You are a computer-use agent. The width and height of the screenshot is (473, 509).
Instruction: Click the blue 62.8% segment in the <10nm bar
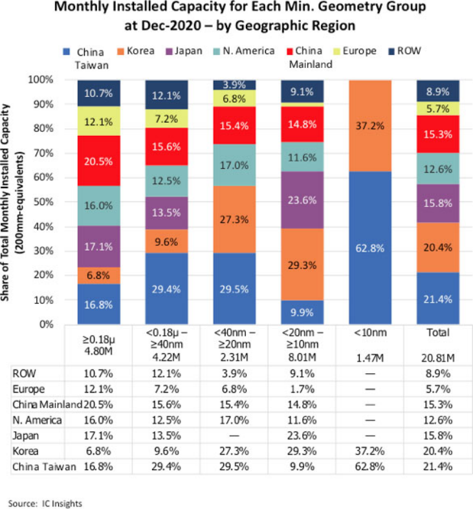(x=371, y=248)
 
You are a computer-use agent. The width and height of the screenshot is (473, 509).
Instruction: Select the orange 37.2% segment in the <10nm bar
(x=371, y=125)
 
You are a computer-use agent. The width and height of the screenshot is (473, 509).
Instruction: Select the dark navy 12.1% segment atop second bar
(x=167, y=94)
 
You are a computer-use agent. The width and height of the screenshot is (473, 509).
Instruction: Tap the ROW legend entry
(x=408, y=50)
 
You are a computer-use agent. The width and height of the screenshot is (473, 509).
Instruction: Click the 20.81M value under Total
(x=438, y=357)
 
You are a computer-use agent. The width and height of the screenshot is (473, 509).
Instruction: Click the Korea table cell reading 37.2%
(x=370, y=451)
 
